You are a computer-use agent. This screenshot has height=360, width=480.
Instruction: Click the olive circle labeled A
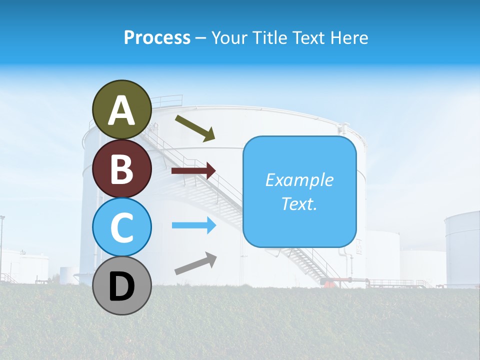point(122,109)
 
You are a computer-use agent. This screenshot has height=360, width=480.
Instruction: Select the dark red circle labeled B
point(122,168)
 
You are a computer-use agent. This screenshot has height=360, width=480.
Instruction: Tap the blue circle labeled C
point(122,227)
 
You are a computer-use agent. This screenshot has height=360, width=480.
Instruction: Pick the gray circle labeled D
point(122,285)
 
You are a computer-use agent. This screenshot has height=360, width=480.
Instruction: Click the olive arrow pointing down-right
point(195,128)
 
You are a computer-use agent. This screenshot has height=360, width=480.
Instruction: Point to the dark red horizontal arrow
point(193,171)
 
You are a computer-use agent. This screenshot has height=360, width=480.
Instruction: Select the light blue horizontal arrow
point(193,225)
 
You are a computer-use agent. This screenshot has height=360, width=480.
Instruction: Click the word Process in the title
point(157,37)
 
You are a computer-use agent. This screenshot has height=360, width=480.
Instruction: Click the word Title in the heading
point(269,37)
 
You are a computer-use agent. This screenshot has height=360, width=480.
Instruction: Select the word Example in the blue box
point(299,180)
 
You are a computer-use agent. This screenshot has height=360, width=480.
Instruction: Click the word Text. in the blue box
point(299,203)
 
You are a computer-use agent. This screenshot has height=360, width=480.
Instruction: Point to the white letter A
point(122,110)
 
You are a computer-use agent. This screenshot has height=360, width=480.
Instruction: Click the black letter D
point(122,287)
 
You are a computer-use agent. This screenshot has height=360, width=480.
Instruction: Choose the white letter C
point(122,228)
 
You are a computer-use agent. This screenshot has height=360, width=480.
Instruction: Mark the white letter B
point(122,169)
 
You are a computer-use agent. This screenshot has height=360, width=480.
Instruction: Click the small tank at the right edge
point(462,247)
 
